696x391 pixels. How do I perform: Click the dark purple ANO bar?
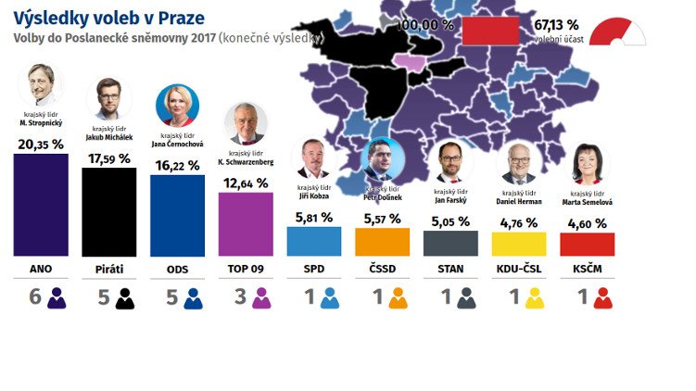click(41, 205)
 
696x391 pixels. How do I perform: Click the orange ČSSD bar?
click(382, 242)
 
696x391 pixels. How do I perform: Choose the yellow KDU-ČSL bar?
click(519, 244)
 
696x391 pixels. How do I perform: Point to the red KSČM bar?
click(588, 244)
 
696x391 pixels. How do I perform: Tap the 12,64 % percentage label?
click(246, 183)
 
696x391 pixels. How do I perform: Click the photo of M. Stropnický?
click(41, 86)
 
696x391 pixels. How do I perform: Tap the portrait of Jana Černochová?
click(176, 106)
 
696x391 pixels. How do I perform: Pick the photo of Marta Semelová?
click(588, 163)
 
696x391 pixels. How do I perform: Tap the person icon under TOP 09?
click(261, 298)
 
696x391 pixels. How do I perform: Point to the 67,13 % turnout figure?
click(556, 25)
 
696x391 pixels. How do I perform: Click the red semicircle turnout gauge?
click(617, 32)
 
